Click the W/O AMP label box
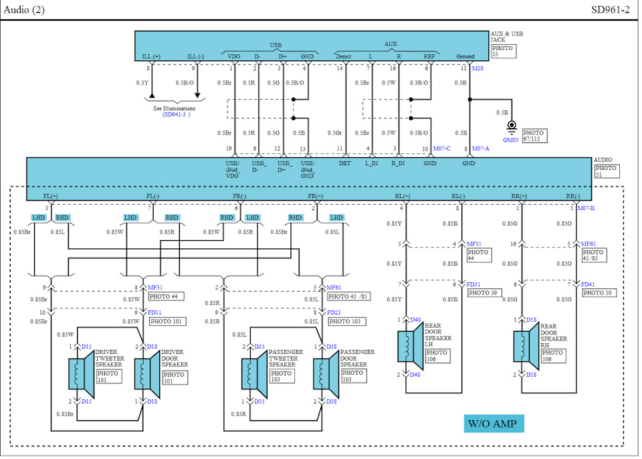(x=494, y=424)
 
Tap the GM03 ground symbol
(x=512, y=126)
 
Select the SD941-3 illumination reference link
(x=176, y=115)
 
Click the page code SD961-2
(x=610, y=10)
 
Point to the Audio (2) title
(x=24, y=10)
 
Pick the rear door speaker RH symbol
(x=526, y=347)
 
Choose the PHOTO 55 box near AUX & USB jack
(x=503, y=51)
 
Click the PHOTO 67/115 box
(x=534, y=136)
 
